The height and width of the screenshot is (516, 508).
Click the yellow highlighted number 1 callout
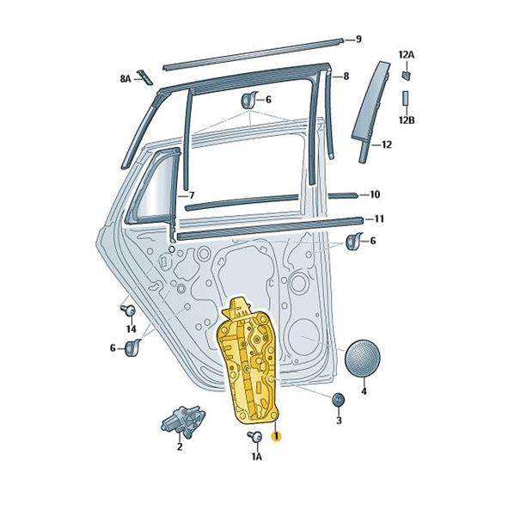276,436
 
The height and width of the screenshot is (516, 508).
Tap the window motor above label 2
183,421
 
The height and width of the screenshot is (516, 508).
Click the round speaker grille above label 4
363,359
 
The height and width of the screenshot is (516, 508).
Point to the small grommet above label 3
338,400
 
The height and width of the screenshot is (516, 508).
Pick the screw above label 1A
254,436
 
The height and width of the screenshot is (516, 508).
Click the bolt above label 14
128,310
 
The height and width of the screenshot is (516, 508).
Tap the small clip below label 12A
407,76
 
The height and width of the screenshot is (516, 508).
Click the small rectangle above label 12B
406,98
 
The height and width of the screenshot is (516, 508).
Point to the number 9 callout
358,40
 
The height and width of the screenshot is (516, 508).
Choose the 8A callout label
125,79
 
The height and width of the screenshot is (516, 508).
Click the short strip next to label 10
342,195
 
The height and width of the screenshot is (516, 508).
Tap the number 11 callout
379,218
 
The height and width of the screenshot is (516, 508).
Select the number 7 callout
192,195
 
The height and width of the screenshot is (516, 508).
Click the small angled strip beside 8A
145,77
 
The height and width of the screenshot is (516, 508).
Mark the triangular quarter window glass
154,188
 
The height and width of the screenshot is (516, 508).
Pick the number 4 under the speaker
364,391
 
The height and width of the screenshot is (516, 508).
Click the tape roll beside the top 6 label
249,100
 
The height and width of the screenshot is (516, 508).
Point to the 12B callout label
407,120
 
